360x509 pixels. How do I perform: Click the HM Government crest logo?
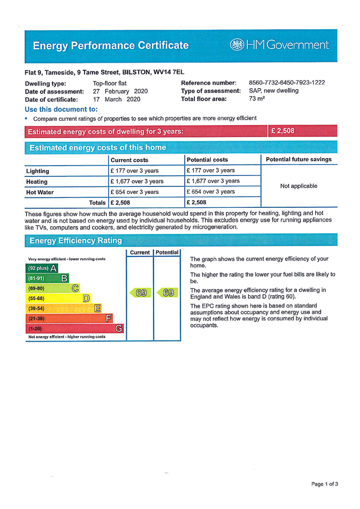pyautogui.click(x=237, y=45)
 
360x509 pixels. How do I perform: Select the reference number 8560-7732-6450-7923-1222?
pyautogui.click(x=286, y=83)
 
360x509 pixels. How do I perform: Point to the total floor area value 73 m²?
pyautogui.click(x=257, y=98)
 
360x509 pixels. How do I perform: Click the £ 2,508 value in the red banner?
pyautogui.click(x=282, y=131)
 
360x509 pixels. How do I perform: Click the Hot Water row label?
pyautogui.click(x=40, y=192)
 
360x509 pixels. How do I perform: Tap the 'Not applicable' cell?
pyautogui.click(x=298, y=186)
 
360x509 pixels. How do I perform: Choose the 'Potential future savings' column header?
pyautogui.click(x=298, y=160)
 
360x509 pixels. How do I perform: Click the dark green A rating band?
pyautogui.click(x=42, y=268)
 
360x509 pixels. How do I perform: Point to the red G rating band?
pyautogui.click(x=75, y=329)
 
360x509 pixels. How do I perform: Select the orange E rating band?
pyautogui.click(x=64, y=308)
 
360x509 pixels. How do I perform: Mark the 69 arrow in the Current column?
pyautogui.click(x=141, y=293)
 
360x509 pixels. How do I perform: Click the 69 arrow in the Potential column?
pyautogui.click(x=168, y=293)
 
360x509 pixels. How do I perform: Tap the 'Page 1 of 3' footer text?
pyautogui.click(x=325, y=484)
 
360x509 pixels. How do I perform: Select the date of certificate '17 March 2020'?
pyautogui.click(x=116, y=99)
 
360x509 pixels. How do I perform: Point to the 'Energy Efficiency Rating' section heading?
pyautogui.click(x=76, y=241)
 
